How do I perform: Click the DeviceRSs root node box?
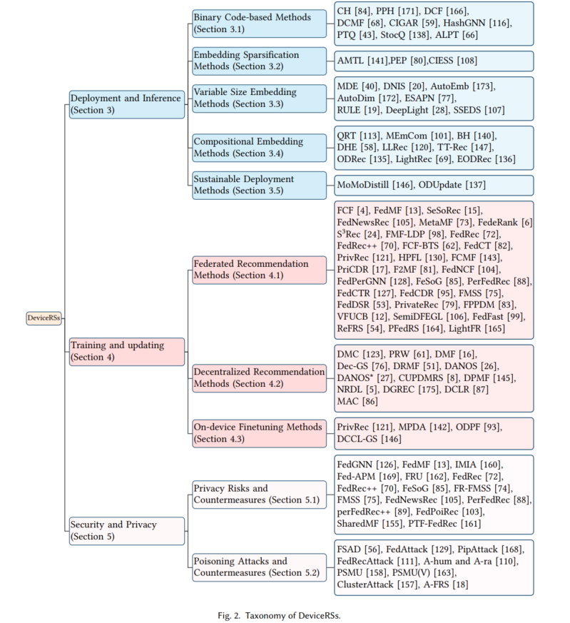tap(44, 318)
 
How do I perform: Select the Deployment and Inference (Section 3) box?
tap(126, 104)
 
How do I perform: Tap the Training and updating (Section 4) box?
tap(126, 351)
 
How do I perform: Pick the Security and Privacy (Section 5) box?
tap(126, 530)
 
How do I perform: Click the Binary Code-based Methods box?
tap(260, 22)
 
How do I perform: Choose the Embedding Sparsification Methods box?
tap(260, 61)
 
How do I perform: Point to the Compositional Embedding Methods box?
tap(260, 148)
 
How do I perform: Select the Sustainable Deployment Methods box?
tap(260, 185)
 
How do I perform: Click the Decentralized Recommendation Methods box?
tap(260, 378)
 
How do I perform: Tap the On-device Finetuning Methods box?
tap(260, 432)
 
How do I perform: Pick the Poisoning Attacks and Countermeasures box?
tap(260, 567)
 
